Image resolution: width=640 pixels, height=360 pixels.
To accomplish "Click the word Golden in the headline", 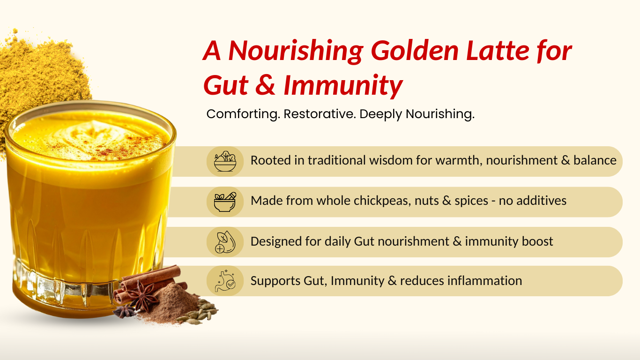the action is (415, 52).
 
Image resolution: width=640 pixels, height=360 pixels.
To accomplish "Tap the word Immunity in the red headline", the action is (343, 86).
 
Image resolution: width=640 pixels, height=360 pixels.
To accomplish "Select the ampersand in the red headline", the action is (266, 85).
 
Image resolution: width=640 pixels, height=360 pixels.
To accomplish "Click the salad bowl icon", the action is (225, 161).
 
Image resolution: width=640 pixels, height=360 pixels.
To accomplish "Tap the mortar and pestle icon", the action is (225, 202).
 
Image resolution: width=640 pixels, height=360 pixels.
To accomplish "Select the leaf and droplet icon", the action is (225, 242).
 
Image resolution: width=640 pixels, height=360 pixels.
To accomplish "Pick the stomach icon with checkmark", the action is (225, 280).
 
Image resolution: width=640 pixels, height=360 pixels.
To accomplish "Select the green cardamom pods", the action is (200, 312).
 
